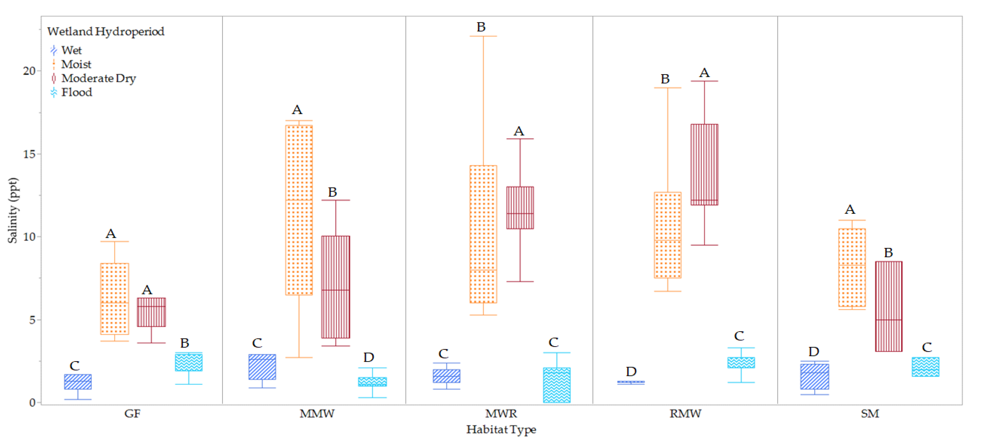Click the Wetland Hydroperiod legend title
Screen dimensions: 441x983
(106, 31)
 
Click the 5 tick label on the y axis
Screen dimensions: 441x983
(32, 320)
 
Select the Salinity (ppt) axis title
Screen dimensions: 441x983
(13, 210)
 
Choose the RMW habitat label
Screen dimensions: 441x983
(685, 414)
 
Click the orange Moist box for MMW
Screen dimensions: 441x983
(299, 210)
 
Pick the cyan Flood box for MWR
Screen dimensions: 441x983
(556, 385)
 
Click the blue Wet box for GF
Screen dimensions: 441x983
(78, 382)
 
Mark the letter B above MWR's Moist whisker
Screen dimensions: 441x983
(481, 27)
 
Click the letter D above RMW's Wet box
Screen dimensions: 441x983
(631, 371)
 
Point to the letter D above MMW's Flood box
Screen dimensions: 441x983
(368, 357)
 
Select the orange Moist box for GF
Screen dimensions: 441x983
(114, 299)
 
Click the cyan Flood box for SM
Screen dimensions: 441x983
(926, 367)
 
